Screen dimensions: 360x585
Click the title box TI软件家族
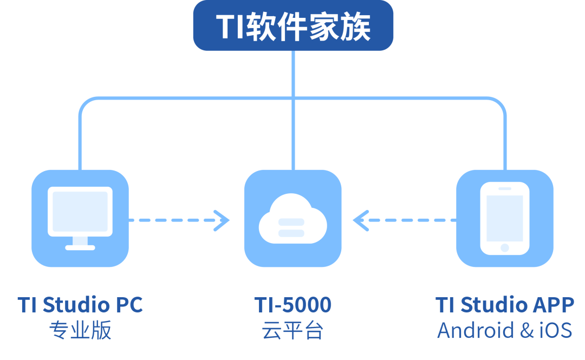[293, 25]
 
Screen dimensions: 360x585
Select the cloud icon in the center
[292, 219]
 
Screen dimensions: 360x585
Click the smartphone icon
[505, 218]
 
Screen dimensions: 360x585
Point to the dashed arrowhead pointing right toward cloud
[222, 220]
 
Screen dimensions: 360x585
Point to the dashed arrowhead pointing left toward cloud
[361, 220]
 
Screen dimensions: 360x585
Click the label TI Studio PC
[80, 305]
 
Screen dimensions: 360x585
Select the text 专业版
[80, 331]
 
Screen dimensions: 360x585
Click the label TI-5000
[292, 305]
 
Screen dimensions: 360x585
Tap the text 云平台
[292, 331]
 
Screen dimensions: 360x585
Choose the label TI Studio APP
[505, 305]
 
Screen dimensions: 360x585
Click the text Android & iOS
[505, 331]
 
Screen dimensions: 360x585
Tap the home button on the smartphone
[505, 247]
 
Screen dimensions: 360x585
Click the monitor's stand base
[80, 247]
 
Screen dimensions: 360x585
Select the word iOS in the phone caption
[555, 331]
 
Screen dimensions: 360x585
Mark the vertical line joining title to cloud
[292, 108]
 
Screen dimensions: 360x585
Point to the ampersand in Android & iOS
[526, 331]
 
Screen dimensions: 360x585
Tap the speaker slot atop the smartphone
[505, 188]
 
